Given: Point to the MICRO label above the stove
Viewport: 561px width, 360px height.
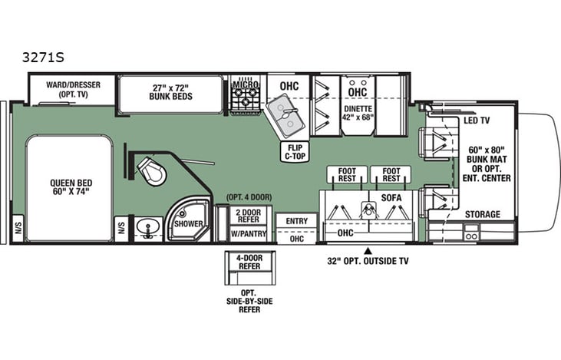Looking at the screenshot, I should pos(246,82).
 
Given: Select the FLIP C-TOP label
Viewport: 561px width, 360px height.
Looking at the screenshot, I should pos(295,150).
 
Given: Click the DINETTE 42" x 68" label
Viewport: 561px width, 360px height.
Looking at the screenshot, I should pos(357,114).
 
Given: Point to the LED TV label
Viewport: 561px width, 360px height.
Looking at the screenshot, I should pos(478,121).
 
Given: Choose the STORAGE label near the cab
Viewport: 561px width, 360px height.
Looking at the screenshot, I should pos(483,214).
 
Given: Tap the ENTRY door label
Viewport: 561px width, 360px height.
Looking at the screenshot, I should pos(295,221).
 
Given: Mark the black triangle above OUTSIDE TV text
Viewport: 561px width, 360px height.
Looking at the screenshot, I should pos(368,250).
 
